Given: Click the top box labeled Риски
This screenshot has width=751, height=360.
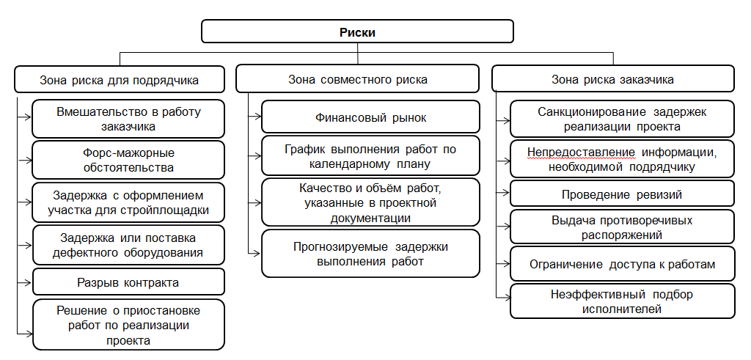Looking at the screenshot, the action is pos(357,32).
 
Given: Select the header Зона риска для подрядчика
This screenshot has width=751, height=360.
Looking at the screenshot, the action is pos(120,79).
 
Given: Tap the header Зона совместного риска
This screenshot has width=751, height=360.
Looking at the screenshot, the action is pos(357,79).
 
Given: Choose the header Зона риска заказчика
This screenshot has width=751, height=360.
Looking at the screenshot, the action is pos(613,79).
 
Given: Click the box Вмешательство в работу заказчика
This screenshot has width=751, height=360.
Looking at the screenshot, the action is pos(128,119).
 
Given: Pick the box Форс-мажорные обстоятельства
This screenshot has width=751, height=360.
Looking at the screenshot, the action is pos(128,160).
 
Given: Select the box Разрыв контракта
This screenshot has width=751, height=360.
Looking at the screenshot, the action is pos(128,282).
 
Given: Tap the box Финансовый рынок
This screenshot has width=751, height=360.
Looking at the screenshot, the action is pos(370,117).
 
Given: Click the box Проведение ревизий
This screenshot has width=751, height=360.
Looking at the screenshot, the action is pos(622,194).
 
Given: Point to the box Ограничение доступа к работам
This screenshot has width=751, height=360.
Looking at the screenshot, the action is pos(622,264).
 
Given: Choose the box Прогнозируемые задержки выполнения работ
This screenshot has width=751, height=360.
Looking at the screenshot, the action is pos(370,254).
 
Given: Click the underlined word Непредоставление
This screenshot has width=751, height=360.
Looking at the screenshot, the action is pos(581,153).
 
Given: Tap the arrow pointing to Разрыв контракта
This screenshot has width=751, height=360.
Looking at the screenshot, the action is pos(24,282).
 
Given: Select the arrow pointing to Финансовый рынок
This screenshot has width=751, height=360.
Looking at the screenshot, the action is pos(254,117).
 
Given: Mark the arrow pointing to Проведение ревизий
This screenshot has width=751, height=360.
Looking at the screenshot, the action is pos(503,194).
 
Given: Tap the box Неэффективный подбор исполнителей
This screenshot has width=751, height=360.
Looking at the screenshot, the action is pos(622,301).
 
